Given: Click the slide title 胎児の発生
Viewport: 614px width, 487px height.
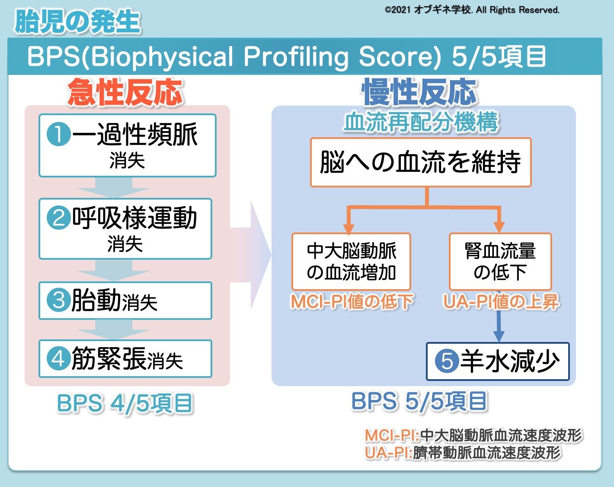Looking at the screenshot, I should [77, 22].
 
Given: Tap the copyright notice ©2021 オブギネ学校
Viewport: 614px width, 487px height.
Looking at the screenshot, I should [472, 10].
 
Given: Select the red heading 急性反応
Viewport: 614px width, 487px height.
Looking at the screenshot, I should [125, 92].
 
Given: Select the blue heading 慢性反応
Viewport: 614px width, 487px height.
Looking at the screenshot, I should [419, 92].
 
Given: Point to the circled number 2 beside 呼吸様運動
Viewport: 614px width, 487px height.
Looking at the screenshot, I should [58, 218].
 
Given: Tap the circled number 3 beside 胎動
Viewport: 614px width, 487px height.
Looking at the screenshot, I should [58, 300].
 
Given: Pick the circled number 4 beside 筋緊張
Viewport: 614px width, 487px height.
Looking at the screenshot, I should [58, 359].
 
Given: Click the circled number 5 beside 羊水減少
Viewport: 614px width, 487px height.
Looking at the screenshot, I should [446, 361].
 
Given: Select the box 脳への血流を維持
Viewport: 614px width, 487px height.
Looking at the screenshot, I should [420, 162].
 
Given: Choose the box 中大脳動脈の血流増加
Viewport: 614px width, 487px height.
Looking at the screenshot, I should [351, 261].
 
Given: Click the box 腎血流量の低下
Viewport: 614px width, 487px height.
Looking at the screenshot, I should [500, 261].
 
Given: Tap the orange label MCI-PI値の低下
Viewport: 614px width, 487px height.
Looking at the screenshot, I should [352, 302].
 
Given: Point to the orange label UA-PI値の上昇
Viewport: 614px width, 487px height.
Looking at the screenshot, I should [501, 302].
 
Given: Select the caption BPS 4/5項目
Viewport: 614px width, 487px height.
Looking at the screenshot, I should [125, 403].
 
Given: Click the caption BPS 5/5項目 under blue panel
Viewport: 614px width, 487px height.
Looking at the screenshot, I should [419, 401].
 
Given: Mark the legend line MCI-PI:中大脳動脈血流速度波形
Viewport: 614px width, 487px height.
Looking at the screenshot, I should [473, 435].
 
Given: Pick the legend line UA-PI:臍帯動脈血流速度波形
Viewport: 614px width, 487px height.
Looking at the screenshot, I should [463, 453].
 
